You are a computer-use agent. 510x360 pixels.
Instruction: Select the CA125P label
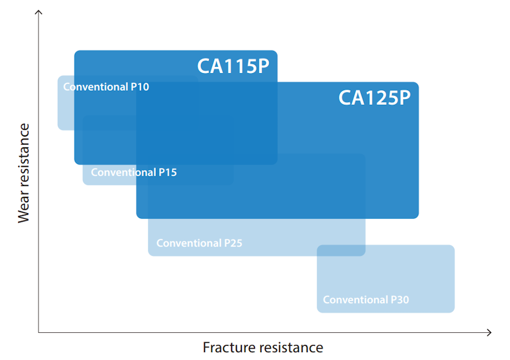point(374,98)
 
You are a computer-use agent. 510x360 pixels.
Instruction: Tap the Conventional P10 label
point(106,87)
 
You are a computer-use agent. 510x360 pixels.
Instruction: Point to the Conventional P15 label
point(134,172)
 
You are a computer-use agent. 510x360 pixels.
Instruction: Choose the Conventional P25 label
point(199,243)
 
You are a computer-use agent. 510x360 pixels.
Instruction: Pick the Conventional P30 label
point(366,300)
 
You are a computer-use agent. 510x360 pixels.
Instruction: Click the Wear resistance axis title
point(23,173)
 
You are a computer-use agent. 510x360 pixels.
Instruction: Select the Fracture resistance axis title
point(263,348)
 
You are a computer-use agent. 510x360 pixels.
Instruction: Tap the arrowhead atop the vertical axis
point(39,13)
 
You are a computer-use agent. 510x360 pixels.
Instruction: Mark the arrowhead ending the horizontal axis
point(489,332)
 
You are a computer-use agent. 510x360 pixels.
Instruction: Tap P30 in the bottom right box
point(399,300)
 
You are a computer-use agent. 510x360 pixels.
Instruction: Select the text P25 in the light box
point(232,243)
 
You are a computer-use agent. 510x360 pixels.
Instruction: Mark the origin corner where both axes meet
point(39,332)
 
